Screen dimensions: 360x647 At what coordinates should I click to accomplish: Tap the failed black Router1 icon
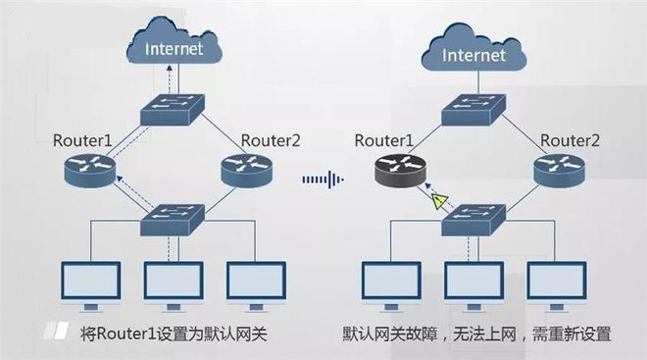pyautogui.click(x=399, y=171)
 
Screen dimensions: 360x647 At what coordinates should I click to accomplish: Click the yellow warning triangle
pyautogui.click(x=441, y=202)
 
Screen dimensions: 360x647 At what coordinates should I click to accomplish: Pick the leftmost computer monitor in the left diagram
pyautogui.click(x=90, y=282)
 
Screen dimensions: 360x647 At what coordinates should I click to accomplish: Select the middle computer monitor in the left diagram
pyautogui.click(x=173, y=282)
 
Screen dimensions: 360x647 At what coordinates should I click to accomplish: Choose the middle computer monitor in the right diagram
pyautogui.click(x=474, y=282)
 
